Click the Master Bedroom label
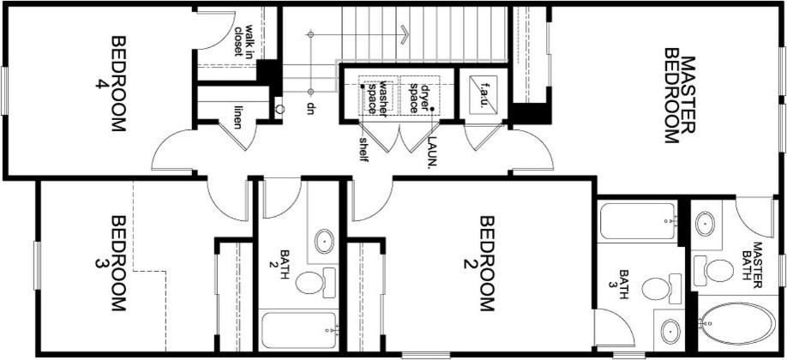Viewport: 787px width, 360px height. (680, 96)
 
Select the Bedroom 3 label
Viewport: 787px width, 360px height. (111, 263)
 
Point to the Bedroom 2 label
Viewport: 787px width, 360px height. (480, 263)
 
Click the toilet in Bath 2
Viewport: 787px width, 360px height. (315, 282)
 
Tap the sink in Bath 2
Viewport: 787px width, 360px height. (324, 242)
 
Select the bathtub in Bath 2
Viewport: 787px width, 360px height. (299, 330)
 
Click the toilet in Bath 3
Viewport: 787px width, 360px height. (661, 289)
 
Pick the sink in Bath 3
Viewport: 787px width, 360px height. (670, 332)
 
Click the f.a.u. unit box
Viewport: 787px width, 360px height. (484, 94)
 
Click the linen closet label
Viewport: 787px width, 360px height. (237, 117)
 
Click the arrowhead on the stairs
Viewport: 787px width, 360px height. (405, 34)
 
